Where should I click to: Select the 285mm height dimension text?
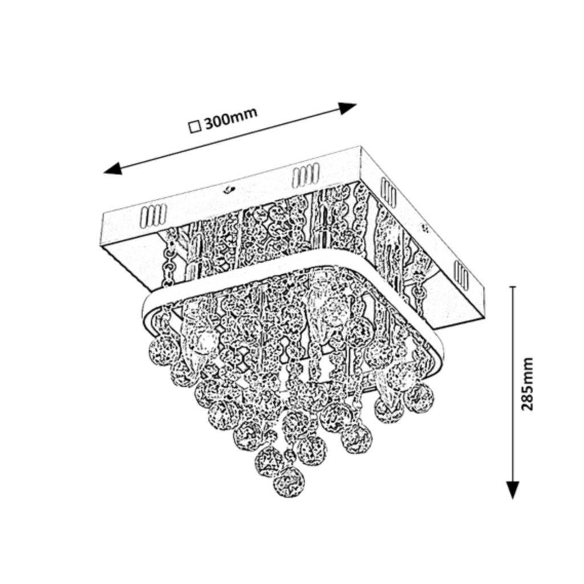(528, 384)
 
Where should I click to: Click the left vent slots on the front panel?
(152, 216)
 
